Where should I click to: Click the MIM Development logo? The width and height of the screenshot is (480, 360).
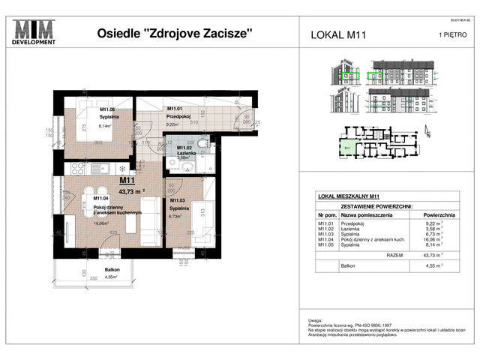(35, 34)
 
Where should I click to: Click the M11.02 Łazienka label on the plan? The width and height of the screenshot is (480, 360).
(187, 151)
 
